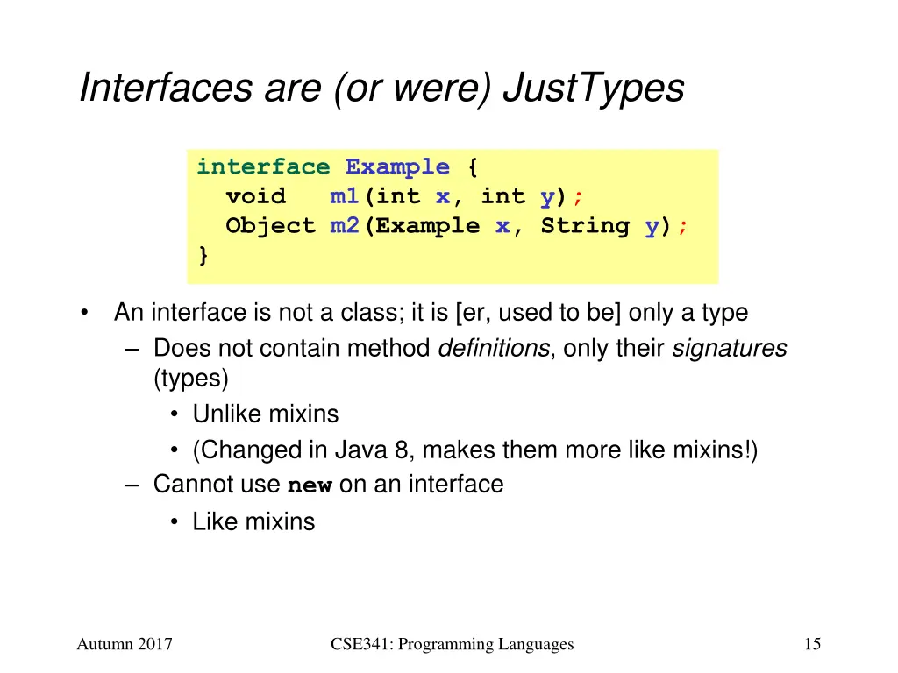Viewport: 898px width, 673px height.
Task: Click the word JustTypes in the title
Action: (x=594, y=89)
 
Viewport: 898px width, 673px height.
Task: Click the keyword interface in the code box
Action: (x=263, y=166)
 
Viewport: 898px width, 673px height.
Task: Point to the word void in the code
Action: (x=255, y=196)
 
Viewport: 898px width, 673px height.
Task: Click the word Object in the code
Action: (x=270, y=225)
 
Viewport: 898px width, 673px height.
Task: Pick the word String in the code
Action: (x=585, y=225)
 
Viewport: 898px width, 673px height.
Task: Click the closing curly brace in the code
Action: (x=203, y=255)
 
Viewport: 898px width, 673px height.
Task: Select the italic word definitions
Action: (x=493, y=349)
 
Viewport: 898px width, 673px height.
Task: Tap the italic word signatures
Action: (x=729, y=349)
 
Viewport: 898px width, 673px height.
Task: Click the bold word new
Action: (x=310, y=485)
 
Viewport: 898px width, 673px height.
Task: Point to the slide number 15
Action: (x=812, y=645)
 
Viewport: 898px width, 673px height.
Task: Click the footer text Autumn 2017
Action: (x=125, y=645)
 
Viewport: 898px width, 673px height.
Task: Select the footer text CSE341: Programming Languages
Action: (x=453, y=645)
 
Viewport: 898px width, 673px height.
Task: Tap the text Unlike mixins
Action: (x=265, y=414)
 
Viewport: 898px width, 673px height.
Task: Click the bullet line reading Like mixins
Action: (x=253, y=522)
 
